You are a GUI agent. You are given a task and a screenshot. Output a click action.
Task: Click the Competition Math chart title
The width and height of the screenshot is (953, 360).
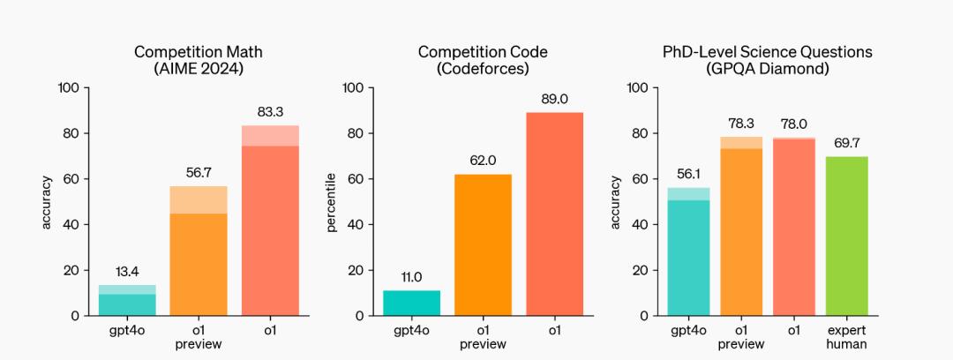(198, 61)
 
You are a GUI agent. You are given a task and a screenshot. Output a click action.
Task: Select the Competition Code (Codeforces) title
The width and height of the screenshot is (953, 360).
(483, 61)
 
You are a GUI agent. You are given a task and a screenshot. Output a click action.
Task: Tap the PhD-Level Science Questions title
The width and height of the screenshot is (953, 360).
(768, 61)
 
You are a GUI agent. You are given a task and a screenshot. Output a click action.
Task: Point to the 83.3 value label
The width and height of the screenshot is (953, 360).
(270, 111)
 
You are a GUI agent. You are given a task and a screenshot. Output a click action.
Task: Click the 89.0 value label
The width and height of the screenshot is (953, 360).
(554, 99)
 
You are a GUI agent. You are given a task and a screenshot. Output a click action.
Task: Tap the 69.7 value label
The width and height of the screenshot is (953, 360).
(847, 142)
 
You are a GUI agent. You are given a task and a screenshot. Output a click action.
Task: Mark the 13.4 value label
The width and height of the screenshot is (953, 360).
(127, 271)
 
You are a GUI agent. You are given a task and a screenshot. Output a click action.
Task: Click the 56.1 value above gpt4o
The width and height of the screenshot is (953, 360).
(688, 174)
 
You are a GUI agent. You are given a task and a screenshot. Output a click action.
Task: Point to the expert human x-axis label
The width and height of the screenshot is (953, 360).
(847, 337)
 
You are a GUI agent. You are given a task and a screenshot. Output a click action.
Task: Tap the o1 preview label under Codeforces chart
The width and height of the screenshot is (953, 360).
(483, 337)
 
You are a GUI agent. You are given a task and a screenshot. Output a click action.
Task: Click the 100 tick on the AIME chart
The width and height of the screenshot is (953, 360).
(68, 87)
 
